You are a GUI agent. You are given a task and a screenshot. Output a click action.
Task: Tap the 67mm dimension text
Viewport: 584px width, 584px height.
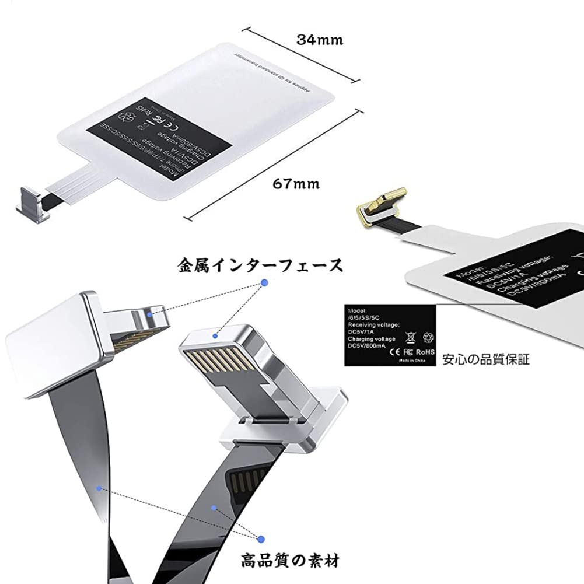(x=296, y=184)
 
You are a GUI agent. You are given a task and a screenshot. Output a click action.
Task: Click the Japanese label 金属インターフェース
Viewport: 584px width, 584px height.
(x=260, y=267)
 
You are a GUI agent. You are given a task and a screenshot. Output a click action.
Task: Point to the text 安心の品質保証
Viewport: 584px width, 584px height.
(x=485, y=359)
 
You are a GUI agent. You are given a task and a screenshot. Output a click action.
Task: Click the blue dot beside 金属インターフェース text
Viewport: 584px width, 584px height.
(x=264, y=283)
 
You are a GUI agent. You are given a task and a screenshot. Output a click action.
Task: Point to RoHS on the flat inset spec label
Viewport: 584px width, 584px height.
(x=426, y=352)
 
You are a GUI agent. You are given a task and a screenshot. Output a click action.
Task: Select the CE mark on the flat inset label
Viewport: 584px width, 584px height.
(x=394, y=352)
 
